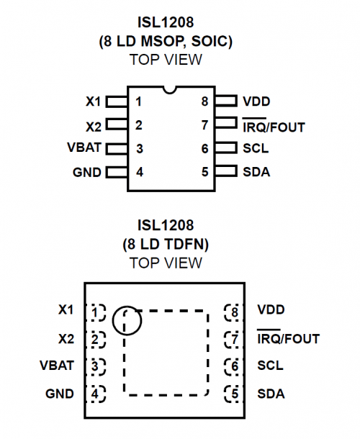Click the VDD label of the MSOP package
click(257, 101)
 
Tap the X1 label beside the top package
click(94, 101)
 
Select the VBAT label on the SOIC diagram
click(84, 148)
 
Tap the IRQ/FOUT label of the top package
click(274, 127)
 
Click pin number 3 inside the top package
click(139, 148)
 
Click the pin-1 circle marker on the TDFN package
click(127, 322)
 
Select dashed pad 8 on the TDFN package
click(234, 312)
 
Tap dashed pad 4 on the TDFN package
click(95, 394)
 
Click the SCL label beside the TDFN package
click(270, 366)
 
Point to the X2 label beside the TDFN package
click(66, 338)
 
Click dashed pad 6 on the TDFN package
click(234, 366)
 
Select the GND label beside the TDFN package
click(59, 394)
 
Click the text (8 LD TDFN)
click(170, 244)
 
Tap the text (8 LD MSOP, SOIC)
click(170, 42)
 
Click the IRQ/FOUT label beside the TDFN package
click(288, 338)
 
